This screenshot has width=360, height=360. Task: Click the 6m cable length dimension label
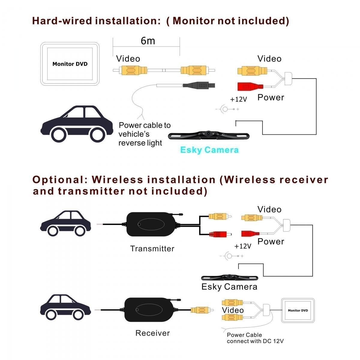tap(148, 40)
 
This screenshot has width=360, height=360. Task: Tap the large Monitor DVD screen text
tap(70, 64)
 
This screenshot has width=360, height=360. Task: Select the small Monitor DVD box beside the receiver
tap(298, 310)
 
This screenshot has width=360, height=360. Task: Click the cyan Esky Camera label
tap(209, 150)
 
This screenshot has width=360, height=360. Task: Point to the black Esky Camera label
tap(229, 287)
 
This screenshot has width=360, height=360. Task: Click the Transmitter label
tap(152, 249)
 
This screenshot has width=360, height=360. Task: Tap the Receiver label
tap(152, 333)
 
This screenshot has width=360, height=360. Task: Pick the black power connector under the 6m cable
tap(199, 85)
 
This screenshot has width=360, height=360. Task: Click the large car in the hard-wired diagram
tap(76, 124)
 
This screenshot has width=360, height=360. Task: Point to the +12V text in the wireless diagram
tap(243, 246)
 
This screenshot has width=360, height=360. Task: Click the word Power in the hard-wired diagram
tap(271, 97)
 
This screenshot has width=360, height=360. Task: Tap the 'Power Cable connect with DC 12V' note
tap(255, 338)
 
